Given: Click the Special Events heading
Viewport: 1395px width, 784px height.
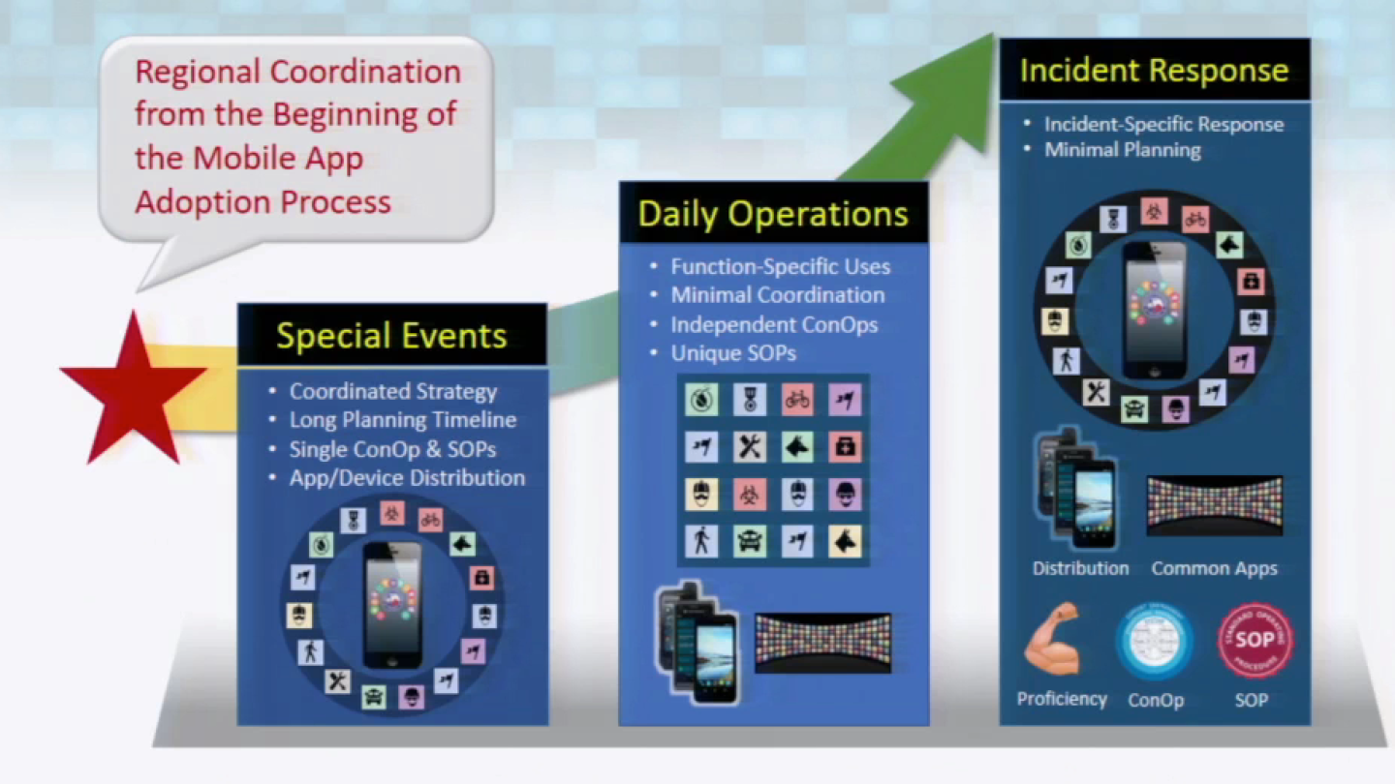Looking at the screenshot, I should point(391,336).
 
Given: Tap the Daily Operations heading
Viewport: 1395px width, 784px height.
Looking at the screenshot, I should point(773,214).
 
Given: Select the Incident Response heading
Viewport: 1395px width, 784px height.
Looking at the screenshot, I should point(1154,71).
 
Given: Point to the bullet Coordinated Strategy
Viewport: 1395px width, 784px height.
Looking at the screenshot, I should point(393,392).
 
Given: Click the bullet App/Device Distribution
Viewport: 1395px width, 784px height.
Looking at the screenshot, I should point(407,477).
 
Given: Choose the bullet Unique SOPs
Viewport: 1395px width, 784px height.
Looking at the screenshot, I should point(733,353).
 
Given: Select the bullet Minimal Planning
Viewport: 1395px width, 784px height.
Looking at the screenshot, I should point(1122,150).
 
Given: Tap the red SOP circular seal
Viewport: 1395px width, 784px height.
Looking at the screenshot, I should point(1255,641).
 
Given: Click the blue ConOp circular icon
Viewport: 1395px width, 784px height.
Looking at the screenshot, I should point(1154,641).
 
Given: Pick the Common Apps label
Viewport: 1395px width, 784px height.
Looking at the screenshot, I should point(1214,568).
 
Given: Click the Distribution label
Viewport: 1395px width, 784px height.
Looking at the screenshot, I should point(1080,568).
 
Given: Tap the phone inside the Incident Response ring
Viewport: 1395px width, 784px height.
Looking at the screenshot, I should point(1155,310).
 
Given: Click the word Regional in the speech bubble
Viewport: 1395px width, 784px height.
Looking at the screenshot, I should point(198,72).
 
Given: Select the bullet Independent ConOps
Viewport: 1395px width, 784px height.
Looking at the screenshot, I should point(774,324).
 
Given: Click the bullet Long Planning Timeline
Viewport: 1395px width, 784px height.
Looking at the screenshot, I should point(402,420).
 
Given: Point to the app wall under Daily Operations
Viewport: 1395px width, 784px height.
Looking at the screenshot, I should point(822,641).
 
